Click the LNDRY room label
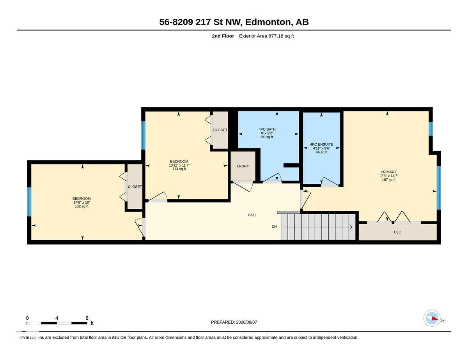(x=243, y=166)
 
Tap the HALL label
(x=252, y=215)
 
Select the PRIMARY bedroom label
(x=388, y=172)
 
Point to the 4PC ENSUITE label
(x=321, y=144)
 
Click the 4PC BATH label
(x=267, y=129)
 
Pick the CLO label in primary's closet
(x=397, y=232)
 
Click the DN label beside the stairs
(x=274, y=227)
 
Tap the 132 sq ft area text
(x=82, y=206)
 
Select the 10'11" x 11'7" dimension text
(x=179, y=165)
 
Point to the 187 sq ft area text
(x=388, y=180)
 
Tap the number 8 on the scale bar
(x=87, y=318)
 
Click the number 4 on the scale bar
(x=57, y=318)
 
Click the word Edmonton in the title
(x=268, y=22)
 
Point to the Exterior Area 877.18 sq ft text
(x=266, y=36)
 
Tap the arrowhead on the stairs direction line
(x=351, y=227)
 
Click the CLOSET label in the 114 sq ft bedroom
(x=220, y=130)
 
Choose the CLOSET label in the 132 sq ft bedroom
(x=135, y=187)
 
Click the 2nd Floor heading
(x=223, y=36)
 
